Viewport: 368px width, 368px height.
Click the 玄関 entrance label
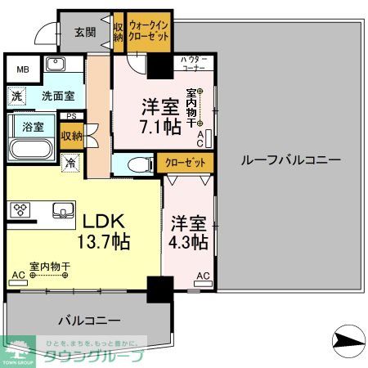tap(85, 33)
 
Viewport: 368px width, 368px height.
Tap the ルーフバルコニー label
tap(290, 160)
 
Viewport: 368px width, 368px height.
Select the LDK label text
tap(101, 221)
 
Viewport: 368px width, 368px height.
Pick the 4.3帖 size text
tap(189, 242)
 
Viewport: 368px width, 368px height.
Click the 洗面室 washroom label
tap(58, 96)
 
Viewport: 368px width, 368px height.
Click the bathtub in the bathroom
tap(32, 150)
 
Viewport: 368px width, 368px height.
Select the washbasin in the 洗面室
tap(56, 65)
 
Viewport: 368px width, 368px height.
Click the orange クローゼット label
tap(185, 163)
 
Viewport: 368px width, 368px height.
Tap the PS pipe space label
tap(72, 116)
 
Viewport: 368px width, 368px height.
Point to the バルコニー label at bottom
tap(89, 320)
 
